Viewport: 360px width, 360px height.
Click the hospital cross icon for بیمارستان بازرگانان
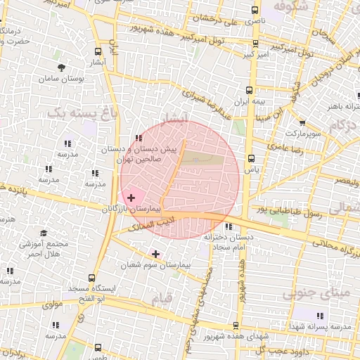coord(131,199)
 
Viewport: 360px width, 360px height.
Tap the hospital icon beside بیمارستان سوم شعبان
coord(155,253)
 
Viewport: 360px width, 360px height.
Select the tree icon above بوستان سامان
coord(63,68)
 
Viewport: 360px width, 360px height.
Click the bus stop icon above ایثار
coord(98,51)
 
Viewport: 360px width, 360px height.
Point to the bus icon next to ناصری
coord(254,11)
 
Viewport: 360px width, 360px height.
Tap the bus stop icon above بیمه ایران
coord(249,90)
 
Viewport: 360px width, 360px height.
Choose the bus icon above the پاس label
coord(251,158)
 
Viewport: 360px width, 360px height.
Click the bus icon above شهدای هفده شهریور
coord(235,325)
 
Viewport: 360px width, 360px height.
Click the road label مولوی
coord(53,304)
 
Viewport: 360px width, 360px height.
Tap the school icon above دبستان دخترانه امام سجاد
coord(229,226)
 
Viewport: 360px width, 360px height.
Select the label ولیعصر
coord(345,181)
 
